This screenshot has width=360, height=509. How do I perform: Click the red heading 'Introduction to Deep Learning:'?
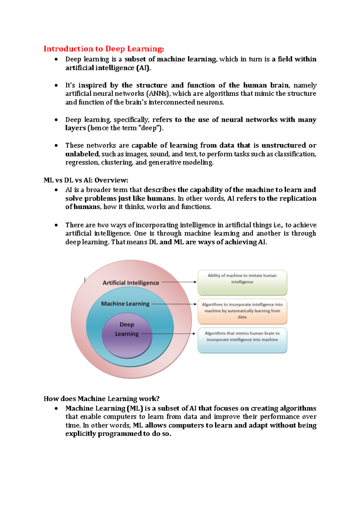tap(104, 49)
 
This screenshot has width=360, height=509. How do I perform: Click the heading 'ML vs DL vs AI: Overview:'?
tap(86, 180)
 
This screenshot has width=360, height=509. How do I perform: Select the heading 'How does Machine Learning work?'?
tap(101, 399)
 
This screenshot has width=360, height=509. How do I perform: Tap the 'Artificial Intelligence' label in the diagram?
tap(131, 283)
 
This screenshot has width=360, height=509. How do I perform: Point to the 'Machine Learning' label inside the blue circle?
tap(125, 304)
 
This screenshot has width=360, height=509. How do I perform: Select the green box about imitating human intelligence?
tap(242, 282)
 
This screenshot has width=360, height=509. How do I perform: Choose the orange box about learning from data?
tap(242, 311)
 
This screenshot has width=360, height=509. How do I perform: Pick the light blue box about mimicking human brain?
tap(242, 340)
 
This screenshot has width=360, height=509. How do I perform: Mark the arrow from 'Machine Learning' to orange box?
tap(174, 304)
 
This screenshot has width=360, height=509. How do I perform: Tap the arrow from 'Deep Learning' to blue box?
tap(168, 333)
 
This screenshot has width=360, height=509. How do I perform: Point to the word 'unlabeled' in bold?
tap(82, 154)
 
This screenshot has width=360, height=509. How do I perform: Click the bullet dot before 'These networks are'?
tap(56, 146)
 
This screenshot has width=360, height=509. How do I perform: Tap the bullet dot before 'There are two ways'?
tap(56, 225)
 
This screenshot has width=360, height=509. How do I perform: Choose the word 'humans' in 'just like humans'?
tap(162, 198)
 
